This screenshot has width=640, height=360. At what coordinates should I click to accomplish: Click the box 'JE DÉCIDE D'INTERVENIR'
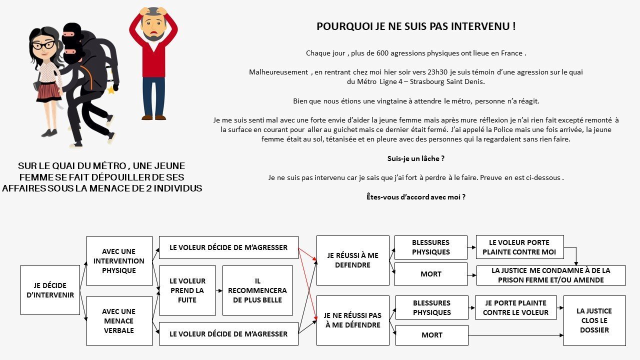tap(50, 290)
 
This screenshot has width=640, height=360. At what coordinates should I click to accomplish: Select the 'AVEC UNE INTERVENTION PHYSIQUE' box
tap(119, 260)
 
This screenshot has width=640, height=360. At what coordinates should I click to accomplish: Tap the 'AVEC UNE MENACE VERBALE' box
tap(119, 320)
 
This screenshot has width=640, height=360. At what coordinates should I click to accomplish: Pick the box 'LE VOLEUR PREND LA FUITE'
tap(187, 290)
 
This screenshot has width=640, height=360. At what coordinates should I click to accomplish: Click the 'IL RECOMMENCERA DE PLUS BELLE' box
tap(257, 290)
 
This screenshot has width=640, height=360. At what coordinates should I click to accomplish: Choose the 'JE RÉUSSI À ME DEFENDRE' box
tap(352, 260)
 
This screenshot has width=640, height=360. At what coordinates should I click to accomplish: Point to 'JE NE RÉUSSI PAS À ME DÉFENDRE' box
tap(352, 320)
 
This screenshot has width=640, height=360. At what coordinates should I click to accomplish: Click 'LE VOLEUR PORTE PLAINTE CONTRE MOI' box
tap(519, 247)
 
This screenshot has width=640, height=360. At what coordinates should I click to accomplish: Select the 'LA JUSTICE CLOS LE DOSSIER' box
tap(594, 320)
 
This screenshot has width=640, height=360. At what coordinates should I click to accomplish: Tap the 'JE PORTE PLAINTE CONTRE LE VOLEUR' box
tap(515, 307)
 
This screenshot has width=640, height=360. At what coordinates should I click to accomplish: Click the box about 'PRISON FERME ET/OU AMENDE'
tap(550, 275)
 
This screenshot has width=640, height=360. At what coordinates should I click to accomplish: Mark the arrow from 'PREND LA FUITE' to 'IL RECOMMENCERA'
tap(219, 290)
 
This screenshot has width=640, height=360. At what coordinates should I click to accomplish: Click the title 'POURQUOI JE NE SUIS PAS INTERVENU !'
tap(416, 26)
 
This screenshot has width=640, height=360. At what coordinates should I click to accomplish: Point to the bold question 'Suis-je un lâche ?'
tap(416, 158)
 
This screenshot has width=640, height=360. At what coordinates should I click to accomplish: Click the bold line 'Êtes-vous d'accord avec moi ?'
tap(416, 197)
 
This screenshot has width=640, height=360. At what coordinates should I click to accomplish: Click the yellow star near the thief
tap(111, 90)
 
